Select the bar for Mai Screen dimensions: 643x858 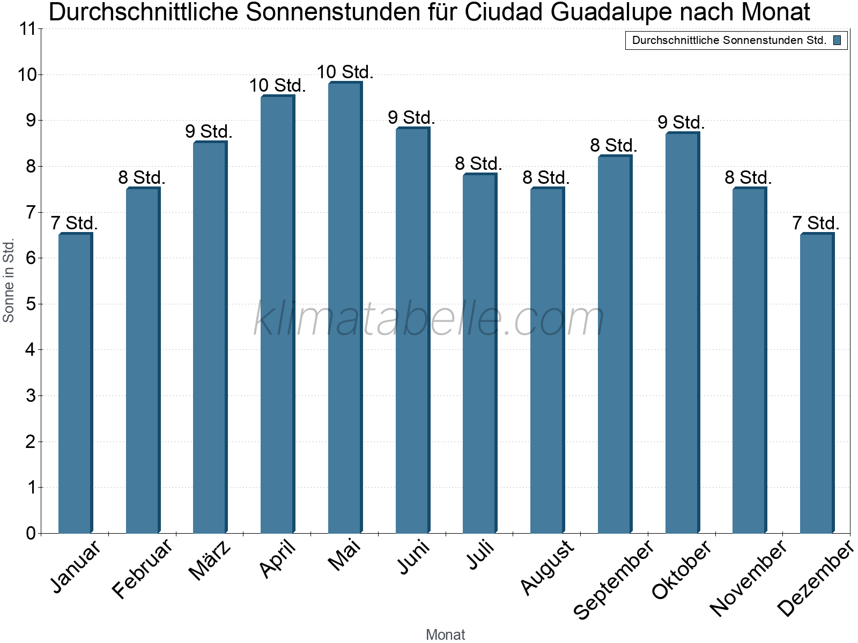tap(345, 308)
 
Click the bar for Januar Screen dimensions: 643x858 tap(75, 383)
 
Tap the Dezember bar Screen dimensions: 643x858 tap(817, 383)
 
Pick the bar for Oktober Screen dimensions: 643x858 tap(682, 333)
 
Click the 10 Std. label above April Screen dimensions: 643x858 tap(277, 85)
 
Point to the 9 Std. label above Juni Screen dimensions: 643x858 tap(411, 117)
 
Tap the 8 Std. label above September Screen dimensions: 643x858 tap(613, 145)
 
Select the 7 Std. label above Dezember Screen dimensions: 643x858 tap(816, 223)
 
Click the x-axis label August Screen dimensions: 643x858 tap(548, 567)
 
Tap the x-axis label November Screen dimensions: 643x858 tap(749, 578)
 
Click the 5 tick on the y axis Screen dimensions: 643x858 tap(30, 304)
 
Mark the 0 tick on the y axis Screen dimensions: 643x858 tap(30, 533)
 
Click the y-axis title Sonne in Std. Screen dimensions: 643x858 tap(8, 280)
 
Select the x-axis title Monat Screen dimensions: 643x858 tap(445, 634)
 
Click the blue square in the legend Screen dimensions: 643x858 tap(837, 40)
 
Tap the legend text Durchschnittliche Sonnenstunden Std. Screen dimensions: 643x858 tap(729, 40)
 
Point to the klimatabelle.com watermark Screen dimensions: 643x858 tap(428, 319)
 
